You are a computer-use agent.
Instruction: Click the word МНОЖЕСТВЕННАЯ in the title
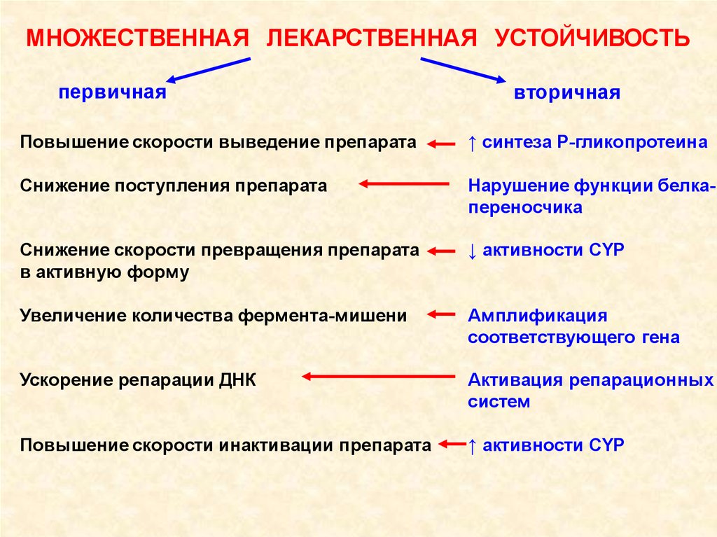tap(137, 37)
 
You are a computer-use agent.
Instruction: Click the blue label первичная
tap(113, 92)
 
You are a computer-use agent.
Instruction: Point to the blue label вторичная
tap(567, 93)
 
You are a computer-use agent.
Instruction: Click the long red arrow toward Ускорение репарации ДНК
tap(378, 377)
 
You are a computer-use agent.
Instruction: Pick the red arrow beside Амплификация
tap(441, 314)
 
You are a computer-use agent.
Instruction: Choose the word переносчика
tap(525, 208)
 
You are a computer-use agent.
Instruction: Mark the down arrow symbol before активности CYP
tap(473, 251)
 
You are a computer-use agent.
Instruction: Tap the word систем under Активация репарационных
tap(499, 403)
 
